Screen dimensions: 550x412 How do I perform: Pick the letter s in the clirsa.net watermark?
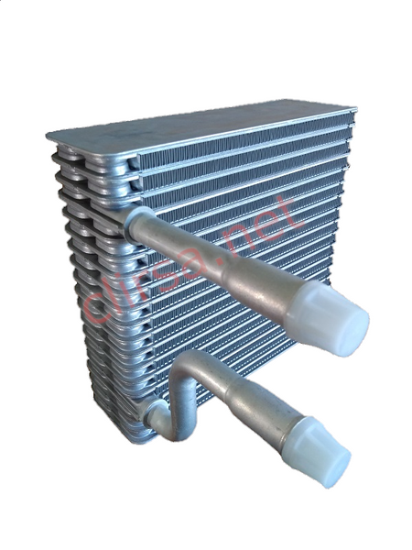[x=175, y=271]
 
